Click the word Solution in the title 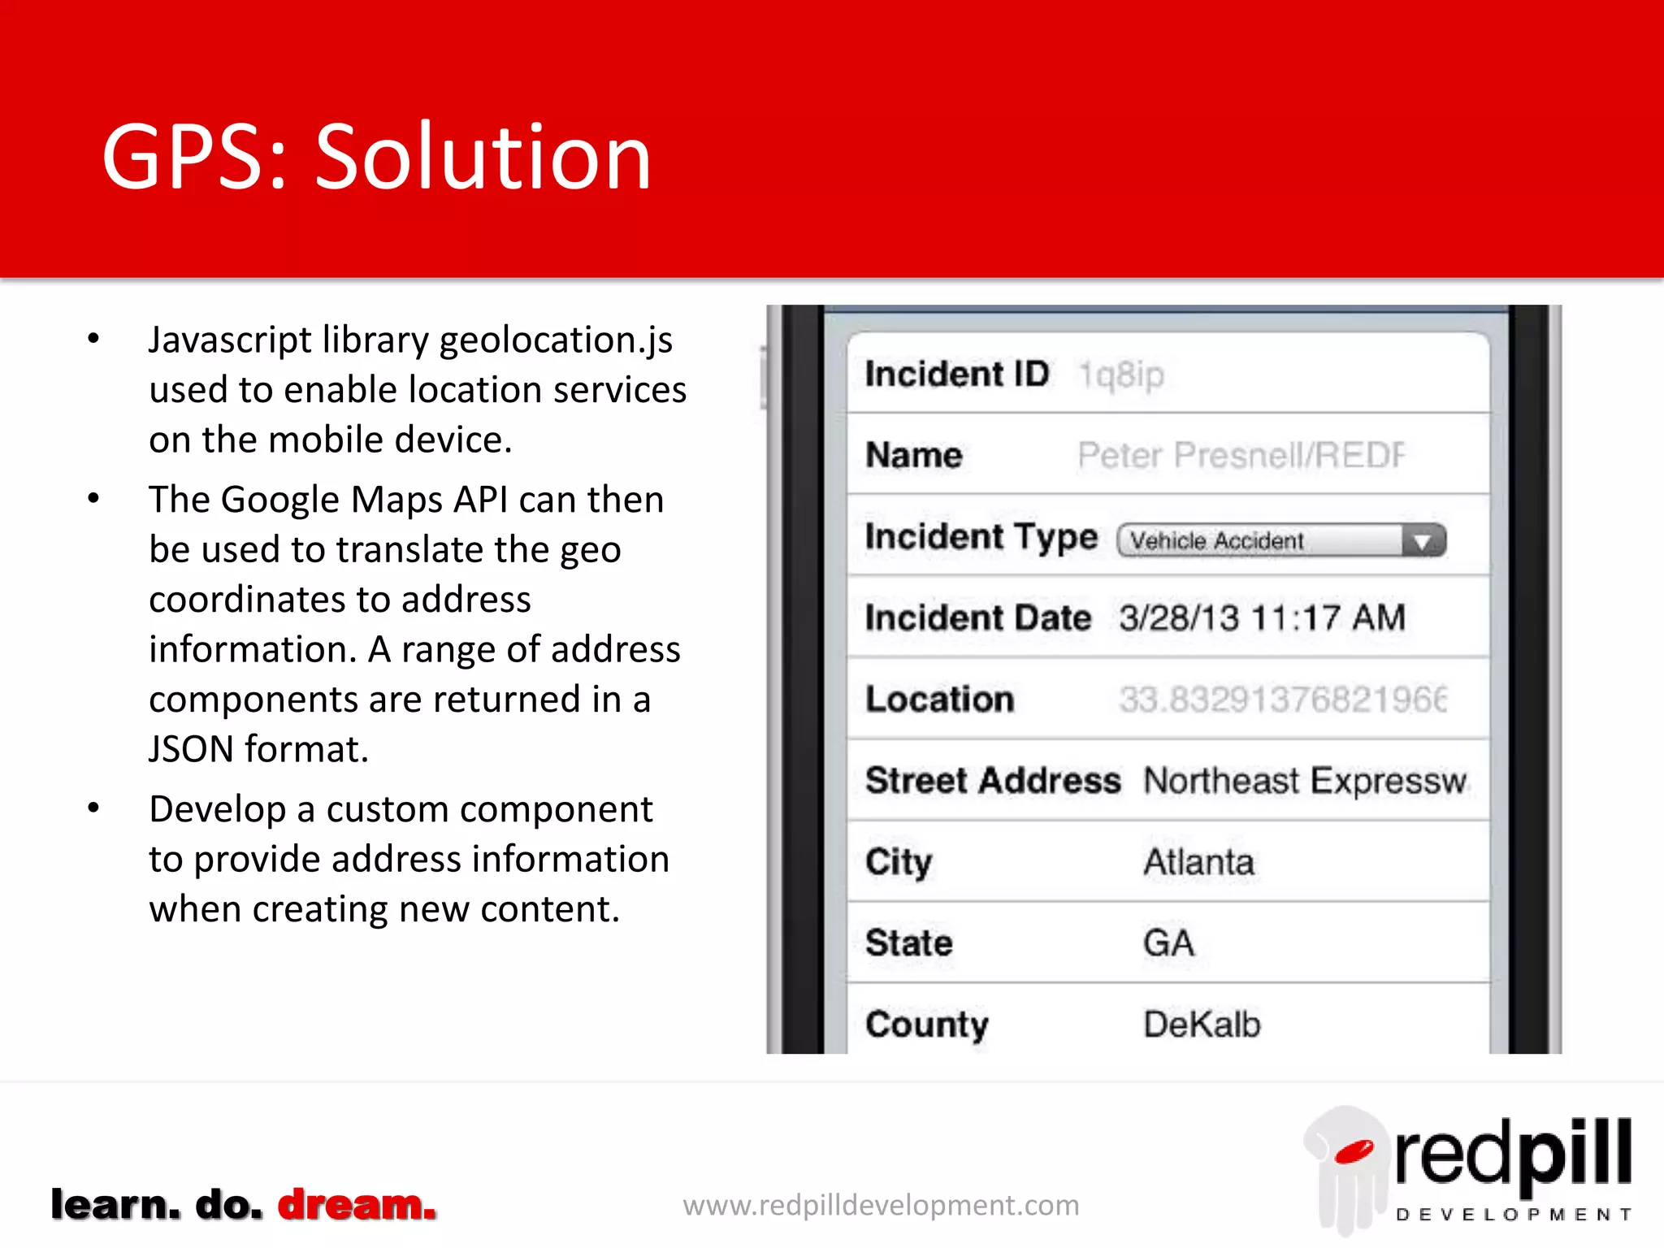[x=483, y=158]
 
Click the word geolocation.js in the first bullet [x=556, y=340]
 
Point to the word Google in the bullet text [x=279, y=500]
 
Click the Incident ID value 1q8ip [x=1121, y=375]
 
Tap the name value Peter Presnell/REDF [x=1240, y=456]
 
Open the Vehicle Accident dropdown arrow [x=1423, y=542]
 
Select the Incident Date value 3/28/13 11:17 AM [x=1261, y=618]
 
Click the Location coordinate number [x=1282, y=700]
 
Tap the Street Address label [x=992, y=781]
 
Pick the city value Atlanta [x=1198, y=862]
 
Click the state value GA [x=1168, y=943]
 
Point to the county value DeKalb [x=1202, y=1025]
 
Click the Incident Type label [x=981, y=537]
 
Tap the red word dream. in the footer [x=357, y=1205]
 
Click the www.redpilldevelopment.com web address [x=881, y=1205]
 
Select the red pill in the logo [x=1354, y=1151]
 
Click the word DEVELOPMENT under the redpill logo [x=1513, y=1215]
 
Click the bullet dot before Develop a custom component [x=94, y=808]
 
